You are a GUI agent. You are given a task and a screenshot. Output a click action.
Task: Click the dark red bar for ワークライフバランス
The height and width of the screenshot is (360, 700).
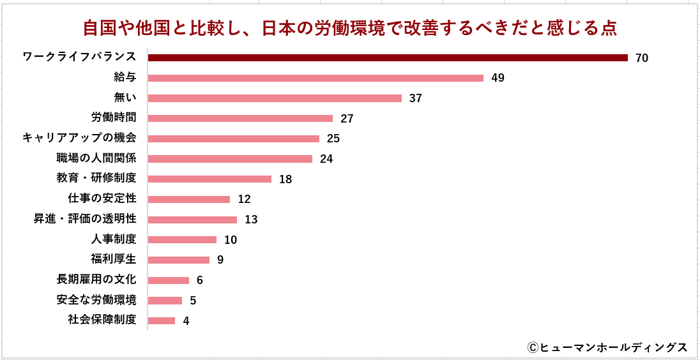(x=388, y=58)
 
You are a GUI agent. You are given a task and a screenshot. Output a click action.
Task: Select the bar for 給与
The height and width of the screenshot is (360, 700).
(x=316, y=78)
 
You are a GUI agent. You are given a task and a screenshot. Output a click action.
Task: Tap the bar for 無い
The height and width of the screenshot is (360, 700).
(x=275, y=98)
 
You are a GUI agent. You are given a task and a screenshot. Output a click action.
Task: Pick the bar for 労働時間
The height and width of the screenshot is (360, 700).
(x=240, y=118)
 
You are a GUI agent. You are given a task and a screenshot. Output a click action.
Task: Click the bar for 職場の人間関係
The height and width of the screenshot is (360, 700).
(x=230, y=159)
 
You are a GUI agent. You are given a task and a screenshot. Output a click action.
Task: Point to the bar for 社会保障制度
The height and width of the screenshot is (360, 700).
(x=162, y=320)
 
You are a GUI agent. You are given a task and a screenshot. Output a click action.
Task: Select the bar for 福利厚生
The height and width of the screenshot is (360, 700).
(x=179, y=260)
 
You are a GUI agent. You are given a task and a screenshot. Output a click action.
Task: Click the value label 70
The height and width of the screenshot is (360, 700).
(x=642, y=58)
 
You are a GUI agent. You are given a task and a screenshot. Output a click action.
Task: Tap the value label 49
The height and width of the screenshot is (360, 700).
(x=498, y=79)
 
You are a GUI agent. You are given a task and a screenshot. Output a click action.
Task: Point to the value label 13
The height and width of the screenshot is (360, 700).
(x=251, y=220)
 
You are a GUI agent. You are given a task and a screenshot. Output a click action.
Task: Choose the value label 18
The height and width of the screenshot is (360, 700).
(x=285, y=179)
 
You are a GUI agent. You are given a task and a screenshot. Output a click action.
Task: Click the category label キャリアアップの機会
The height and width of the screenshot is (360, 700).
(x=79, y=138)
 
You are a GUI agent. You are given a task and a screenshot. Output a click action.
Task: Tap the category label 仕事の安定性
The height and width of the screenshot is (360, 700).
(x=102, y=199)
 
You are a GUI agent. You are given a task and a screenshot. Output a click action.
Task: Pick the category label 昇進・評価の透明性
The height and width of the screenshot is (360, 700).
(x=85, y=219)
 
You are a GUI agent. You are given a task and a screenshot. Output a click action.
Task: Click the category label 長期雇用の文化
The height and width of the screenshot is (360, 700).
(x=96, y=280)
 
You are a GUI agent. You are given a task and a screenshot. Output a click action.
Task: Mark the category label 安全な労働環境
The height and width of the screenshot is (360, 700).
(x=96, y=300)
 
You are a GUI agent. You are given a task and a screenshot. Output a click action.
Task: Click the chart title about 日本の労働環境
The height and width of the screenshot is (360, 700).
(x=350, y=28)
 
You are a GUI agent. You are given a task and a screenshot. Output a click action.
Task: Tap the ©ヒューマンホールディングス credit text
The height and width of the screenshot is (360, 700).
(x=607, y=347)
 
